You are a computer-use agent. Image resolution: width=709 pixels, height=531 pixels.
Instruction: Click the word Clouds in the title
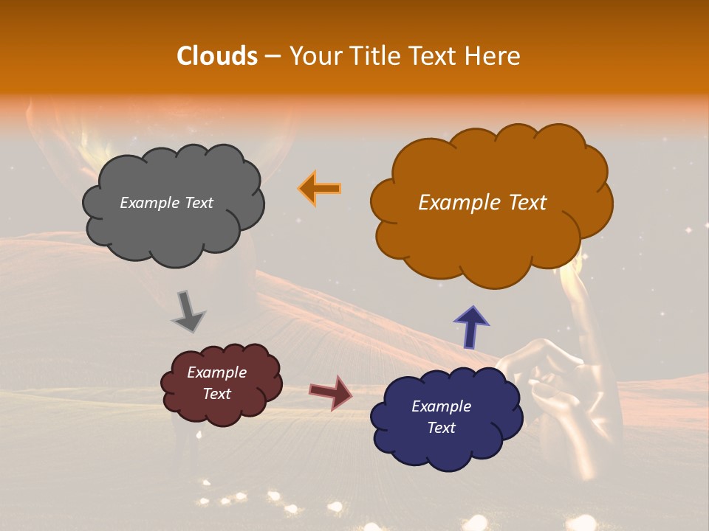coord(217,56)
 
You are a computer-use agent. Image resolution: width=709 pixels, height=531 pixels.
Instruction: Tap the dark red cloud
coord(221,383)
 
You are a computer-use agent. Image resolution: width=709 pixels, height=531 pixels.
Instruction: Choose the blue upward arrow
coord(470,325)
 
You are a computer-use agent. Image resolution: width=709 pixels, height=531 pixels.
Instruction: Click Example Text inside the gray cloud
coord(166,203)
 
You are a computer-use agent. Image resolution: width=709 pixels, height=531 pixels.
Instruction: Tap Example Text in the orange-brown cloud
coord(482,203)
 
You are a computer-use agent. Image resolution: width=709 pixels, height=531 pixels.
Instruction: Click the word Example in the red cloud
coord(216,372)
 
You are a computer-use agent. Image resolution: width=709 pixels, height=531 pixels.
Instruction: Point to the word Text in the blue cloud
coord(441,428)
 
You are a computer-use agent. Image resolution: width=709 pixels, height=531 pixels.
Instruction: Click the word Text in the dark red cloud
coord(216,394)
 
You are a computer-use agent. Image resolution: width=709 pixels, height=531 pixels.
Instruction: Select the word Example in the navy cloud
coord(441,406)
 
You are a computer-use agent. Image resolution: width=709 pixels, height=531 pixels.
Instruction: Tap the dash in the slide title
coord(272,56)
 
